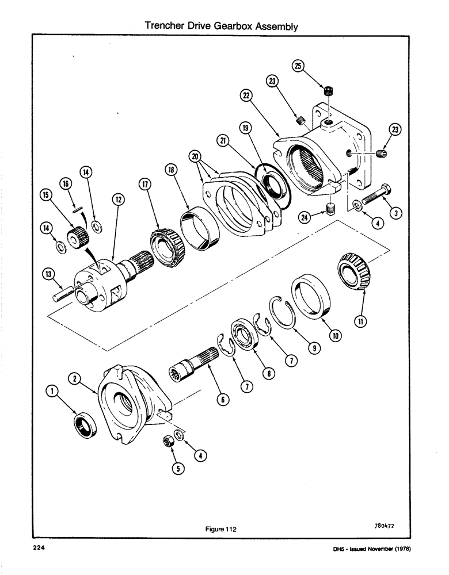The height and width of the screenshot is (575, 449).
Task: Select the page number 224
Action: point(39,549)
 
